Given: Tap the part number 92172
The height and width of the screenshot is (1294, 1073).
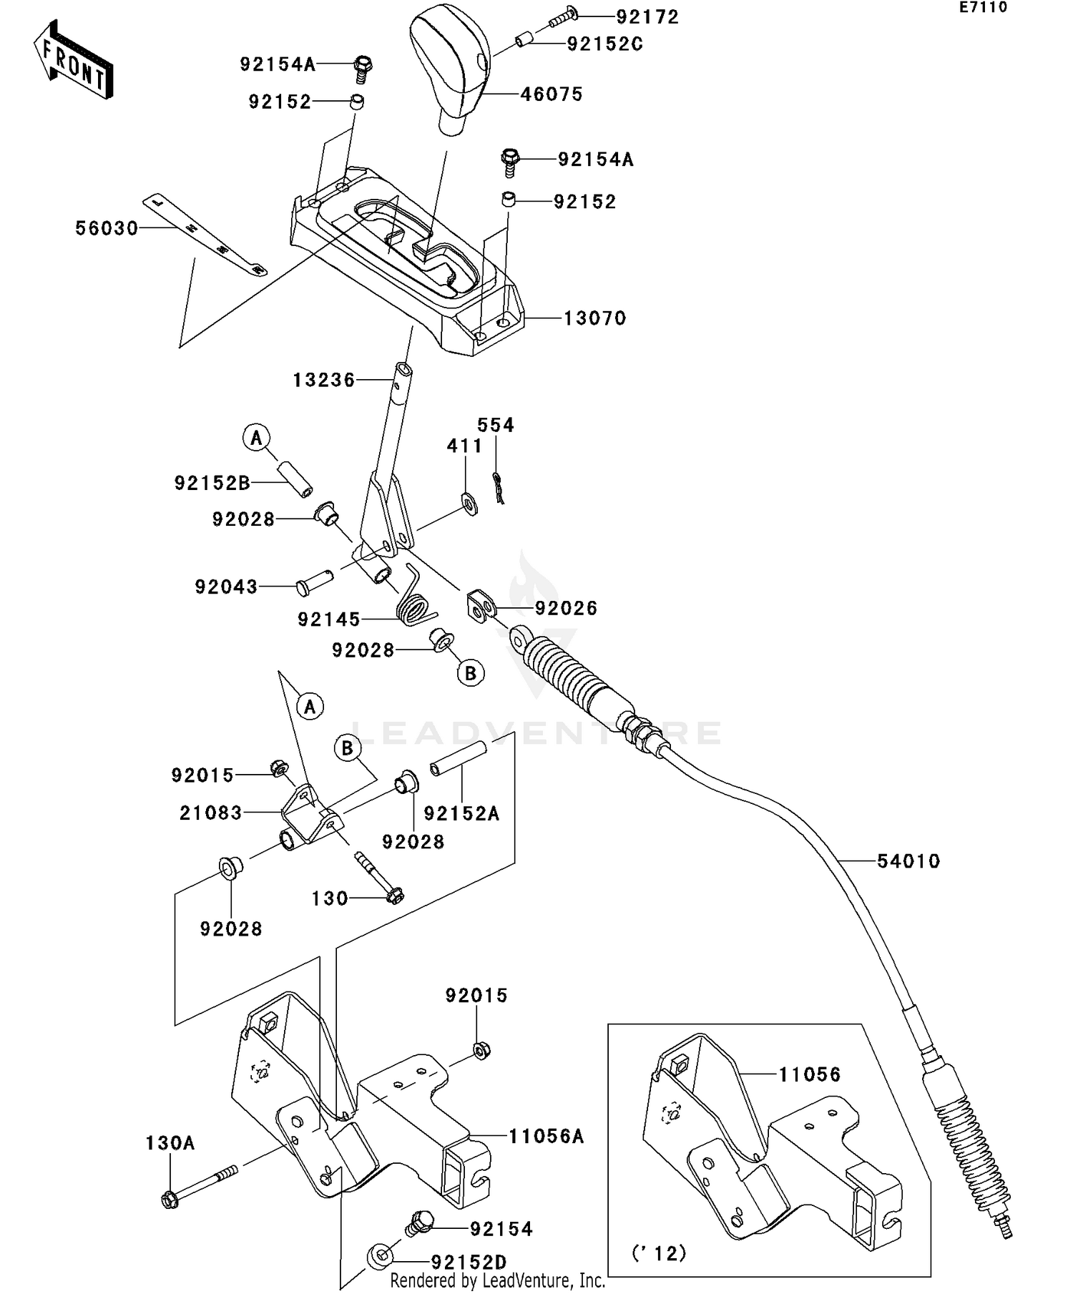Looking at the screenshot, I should click(647, 16).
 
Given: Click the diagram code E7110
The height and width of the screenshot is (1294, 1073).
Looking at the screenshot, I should click(984, 8).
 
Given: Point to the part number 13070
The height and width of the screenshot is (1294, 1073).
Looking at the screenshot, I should click(594, 318).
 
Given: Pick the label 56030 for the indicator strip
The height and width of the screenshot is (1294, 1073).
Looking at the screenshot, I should click(107, 228).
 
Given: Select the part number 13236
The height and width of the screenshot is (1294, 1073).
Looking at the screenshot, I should click(323, 380).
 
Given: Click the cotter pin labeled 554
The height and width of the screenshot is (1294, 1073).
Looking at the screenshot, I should click(499, 489).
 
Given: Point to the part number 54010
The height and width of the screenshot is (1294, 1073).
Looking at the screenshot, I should click(908, 861).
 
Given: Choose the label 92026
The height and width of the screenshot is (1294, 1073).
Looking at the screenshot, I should click(566, 608).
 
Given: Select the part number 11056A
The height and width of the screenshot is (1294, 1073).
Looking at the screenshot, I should click(547, 1136).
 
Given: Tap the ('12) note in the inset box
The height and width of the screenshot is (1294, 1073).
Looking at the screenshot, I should click(659, 1253).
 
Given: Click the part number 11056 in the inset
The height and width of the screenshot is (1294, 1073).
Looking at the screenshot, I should click(810, 1074).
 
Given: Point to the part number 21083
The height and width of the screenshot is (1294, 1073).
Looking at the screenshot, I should click(210, 812).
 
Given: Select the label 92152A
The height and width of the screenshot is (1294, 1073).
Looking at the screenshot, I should click(461, 813).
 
